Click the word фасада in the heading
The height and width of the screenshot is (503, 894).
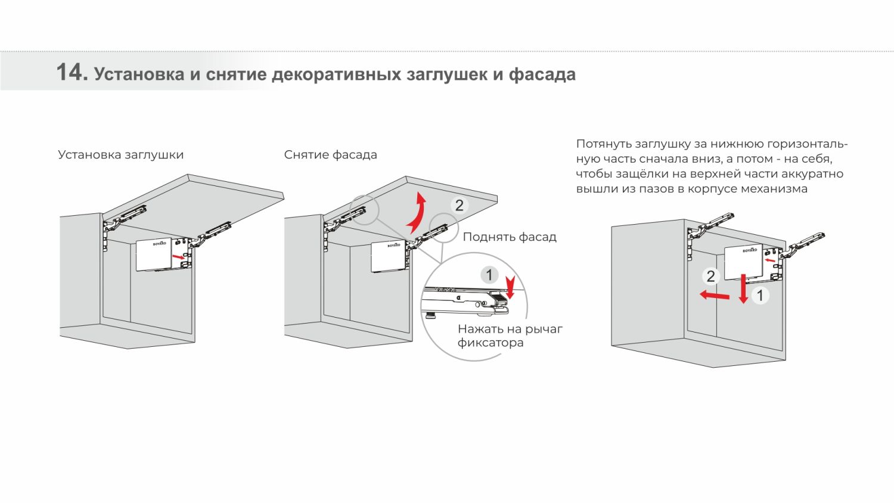point(542,75)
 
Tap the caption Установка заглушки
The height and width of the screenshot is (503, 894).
point(120,155)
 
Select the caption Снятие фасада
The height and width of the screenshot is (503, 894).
point(330,155)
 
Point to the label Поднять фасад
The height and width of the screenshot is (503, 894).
point(509,237)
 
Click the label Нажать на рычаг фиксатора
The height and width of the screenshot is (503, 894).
point(510,336)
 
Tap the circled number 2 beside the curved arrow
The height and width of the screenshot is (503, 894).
point(460,206)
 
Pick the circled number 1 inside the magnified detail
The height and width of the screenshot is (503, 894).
point(489,275)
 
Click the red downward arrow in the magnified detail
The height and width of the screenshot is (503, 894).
point(510,287)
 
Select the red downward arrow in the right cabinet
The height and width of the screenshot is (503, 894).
point(743,288)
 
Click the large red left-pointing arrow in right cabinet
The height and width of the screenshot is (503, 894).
point(715,296)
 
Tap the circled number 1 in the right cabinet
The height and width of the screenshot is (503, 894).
point(760,296)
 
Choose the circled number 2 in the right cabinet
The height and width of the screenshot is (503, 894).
point(711,277)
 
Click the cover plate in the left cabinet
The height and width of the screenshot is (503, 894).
point(154,254)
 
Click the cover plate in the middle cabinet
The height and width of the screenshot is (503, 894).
point(389,257)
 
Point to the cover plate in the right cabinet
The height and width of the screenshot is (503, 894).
point(744,262)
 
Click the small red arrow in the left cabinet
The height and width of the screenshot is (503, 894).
point(178,257)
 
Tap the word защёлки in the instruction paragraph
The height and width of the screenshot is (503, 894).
point(642,174)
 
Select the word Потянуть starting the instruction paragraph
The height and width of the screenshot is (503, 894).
point(603,144)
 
